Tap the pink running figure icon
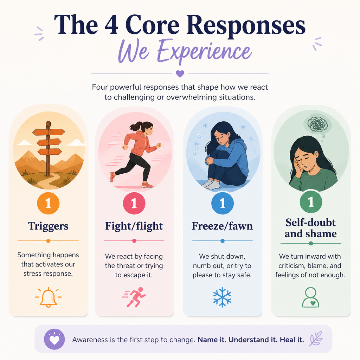click(134, 297)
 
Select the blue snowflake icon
click(222, 297)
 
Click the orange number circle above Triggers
click(48, 203)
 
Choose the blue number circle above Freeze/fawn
click(222, 203)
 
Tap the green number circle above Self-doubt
click(311, 202)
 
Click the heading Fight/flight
click(134, 226)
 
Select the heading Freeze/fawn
click(222, 226)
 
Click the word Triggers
click(48, 226)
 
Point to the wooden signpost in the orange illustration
click(48, 148)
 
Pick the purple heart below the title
click(180, 73)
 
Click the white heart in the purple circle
click(54, 340)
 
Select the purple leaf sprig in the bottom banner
click(316, 339)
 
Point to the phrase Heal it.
click(292, 340)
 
